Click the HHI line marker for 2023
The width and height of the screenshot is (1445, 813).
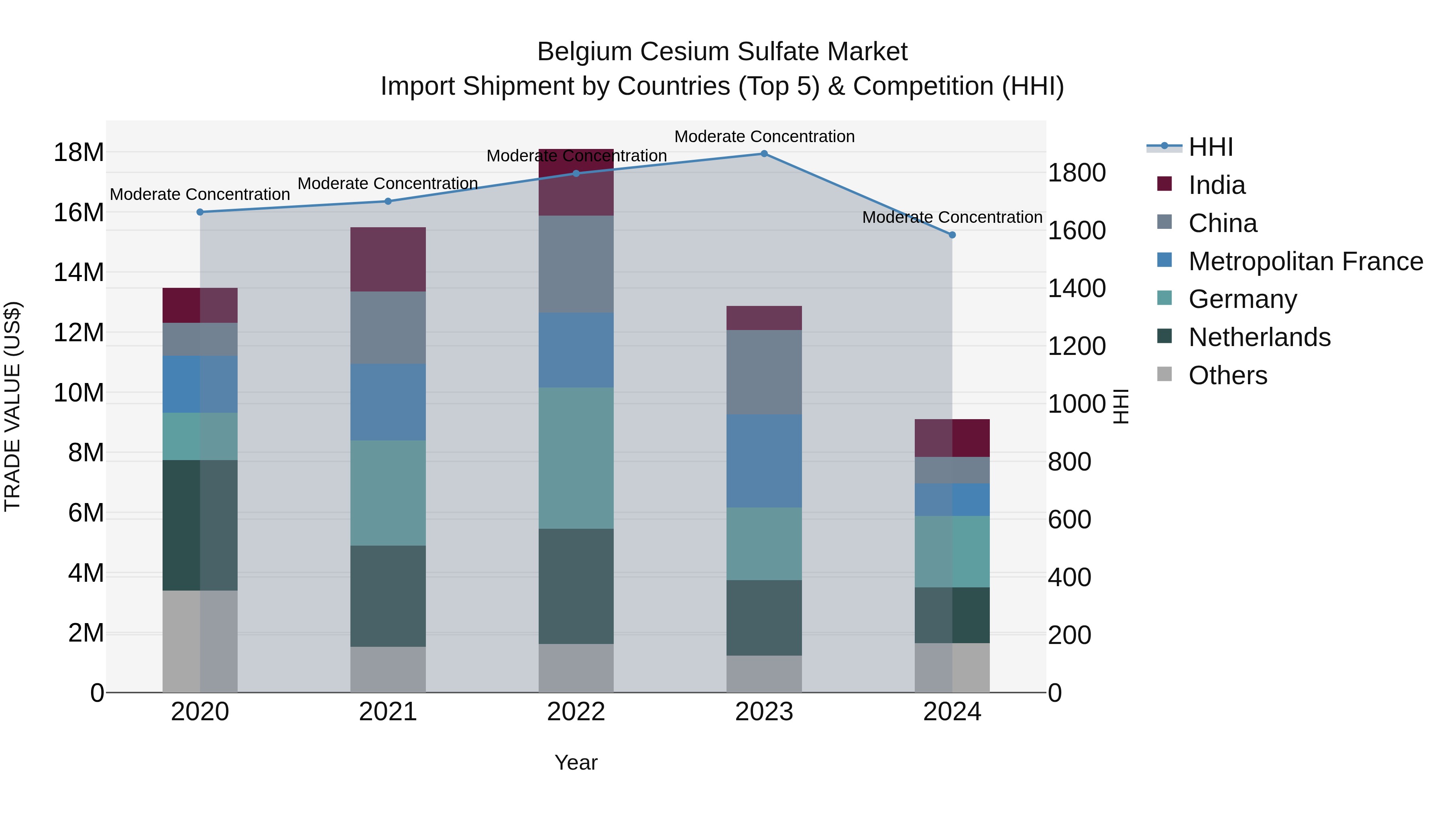coord(764,154)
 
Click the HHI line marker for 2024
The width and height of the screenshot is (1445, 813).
coord(952,235)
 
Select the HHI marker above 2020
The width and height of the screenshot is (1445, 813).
coord(200,212)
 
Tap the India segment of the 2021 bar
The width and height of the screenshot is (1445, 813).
coord(388,259)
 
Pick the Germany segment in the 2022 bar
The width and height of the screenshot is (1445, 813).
coord(576,458)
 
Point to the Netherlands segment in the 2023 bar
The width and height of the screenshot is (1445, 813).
coord(764,618)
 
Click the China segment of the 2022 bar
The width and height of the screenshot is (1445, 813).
coord(576,264)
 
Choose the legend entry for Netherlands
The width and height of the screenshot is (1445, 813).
coord(1259,337)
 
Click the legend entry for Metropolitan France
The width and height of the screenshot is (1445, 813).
coord(1305,261)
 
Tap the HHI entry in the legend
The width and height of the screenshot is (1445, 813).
coord(1211,147)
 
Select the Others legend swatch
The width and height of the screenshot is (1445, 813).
coord(1164,374)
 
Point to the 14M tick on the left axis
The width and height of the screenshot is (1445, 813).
coord(79,273)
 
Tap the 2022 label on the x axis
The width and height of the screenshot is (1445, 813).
coord(576,712)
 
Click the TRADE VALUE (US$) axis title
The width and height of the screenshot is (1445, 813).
coord(12,406)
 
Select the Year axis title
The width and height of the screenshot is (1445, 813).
coord(576,762)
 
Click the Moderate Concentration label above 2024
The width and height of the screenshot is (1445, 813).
coord(952,217)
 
